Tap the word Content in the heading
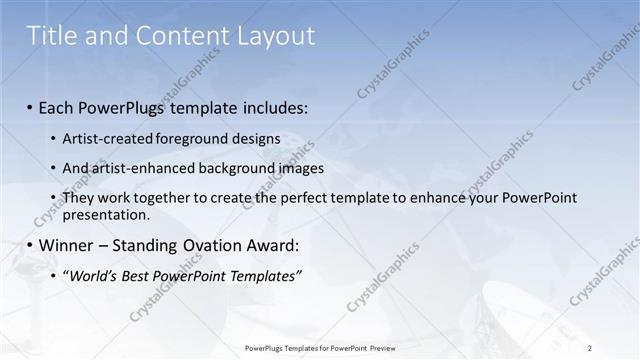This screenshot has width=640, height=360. click(175, 37)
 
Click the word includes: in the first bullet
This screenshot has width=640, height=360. click(277, 106)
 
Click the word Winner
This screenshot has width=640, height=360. click(68, 245)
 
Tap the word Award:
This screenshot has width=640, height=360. click(274, 245)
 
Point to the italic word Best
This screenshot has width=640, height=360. click(139, 276)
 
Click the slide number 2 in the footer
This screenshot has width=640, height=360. click(590, 347)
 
